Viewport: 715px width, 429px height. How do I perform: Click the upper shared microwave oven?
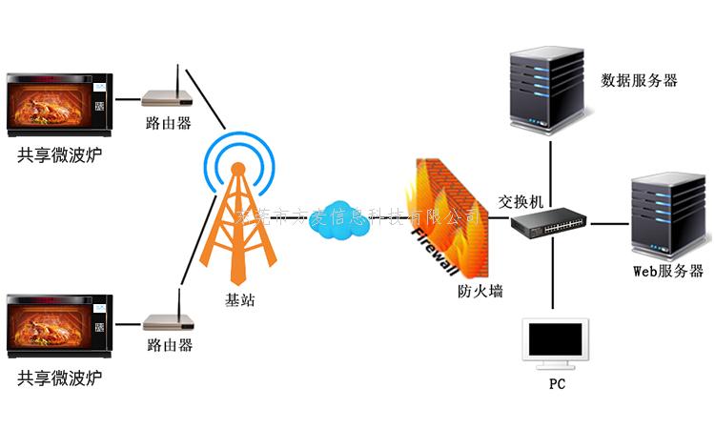(59, 102)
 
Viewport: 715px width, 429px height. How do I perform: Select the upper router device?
(168, 96)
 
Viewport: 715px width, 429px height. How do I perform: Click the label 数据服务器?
(639, 81)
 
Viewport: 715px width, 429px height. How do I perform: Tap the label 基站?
(240, 300)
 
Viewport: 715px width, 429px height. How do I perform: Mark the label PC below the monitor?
(558, 385)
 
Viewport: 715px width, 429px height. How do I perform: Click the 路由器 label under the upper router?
(169, 123)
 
